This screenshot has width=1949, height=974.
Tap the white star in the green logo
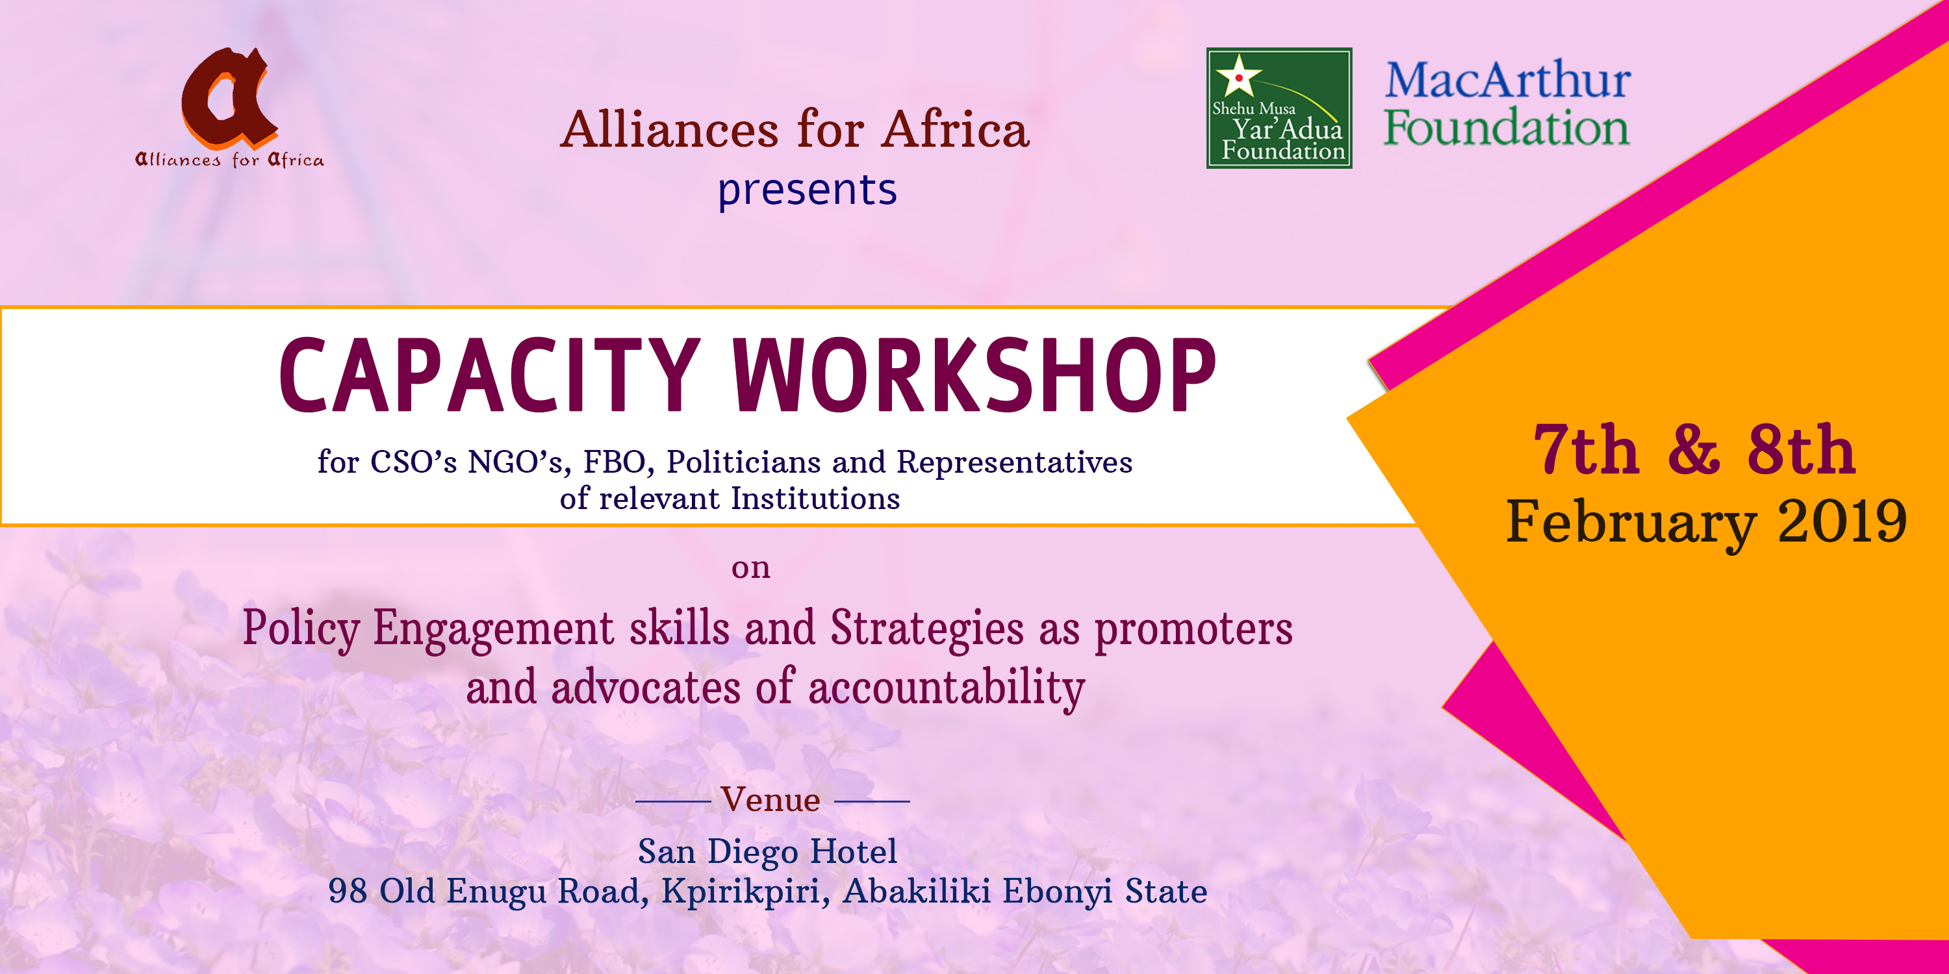pos(1238,75)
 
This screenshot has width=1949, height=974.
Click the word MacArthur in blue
pos(1507,79)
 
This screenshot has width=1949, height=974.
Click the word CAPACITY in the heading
pos(489,375)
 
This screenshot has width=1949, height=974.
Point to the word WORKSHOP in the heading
pos(974,375)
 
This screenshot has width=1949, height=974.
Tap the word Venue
pos(771,799)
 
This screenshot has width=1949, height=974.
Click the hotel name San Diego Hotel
pos(767,852)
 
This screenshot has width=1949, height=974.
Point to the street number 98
pos(348,891)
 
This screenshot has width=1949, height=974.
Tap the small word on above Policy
pos(750,568)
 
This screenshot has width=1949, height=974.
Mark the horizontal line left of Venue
pos(672,801)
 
